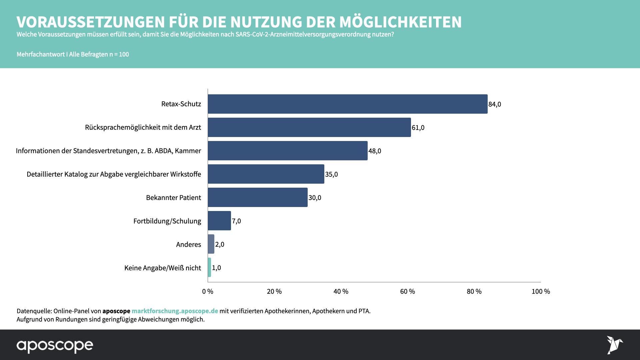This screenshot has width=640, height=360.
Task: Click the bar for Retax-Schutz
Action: pos(347,104)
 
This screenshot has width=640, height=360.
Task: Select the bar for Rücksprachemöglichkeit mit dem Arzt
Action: pos(309,127)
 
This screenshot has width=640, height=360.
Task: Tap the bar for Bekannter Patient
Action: pos(257,197)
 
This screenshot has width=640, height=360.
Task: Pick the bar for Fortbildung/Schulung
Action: pos(219,221)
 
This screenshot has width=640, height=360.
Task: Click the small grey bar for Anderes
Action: pos(211,244)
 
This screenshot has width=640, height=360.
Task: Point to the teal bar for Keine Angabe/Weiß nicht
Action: pos(209,267)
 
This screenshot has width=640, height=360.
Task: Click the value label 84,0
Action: pos(495,104)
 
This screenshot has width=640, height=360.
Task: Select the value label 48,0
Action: pos(375,151)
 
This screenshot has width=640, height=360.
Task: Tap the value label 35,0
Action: pos(331,174)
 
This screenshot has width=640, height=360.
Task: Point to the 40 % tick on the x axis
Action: pos(341,291)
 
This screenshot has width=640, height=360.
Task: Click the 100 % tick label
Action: pos(541,291)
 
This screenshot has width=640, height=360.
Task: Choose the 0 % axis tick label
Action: pos(208,291)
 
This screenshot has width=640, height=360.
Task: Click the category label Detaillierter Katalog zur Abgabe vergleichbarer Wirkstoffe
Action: pos(114,174)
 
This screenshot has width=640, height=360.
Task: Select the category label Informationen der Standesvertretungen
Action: pos(108,151)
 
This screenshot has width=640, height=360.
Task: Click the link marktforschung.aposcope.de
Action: pos(175,311)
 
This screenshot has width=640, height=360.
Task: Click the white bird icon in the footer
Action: pos(614,345)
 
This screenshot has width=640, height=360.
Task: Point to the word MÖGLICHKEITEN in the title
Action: pos(400,22)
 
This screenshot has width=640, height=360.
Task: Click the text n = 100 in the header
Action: pos(119,54)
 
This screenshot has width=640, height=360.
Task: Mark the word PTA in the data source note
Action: pos(364,311)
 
